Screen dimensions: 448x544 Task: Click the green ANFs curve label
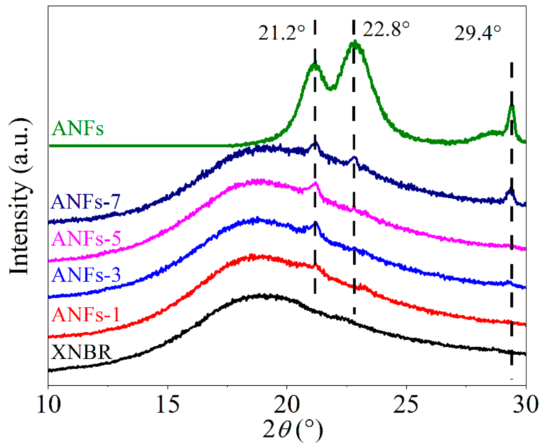coord(78,128)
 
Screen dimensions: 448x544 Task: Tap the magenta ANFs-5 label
coord(86,238)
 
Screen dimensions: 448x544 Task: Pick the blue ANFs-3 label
coord(86,275)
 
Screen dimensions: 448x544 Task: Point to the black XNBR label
coord(81,352)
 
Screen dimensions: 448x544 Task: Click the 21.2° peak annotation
coord(281,33)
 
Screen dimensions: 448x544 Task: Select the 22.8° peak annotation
coord(386,29)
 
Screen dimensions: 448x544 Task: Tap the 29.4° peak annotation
coord(477,33)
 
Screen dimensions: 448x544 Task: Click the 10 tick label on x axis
coord(49,405)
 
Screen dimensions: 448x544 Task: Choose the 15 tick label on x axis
coord(168,405)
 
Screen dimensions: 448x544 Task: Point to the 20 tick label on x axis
coord(287,405)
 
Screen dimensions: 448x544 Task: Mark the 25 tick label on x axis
coord(406,405)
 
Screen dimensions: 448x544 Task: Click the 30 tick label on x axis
coord(525,405)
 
